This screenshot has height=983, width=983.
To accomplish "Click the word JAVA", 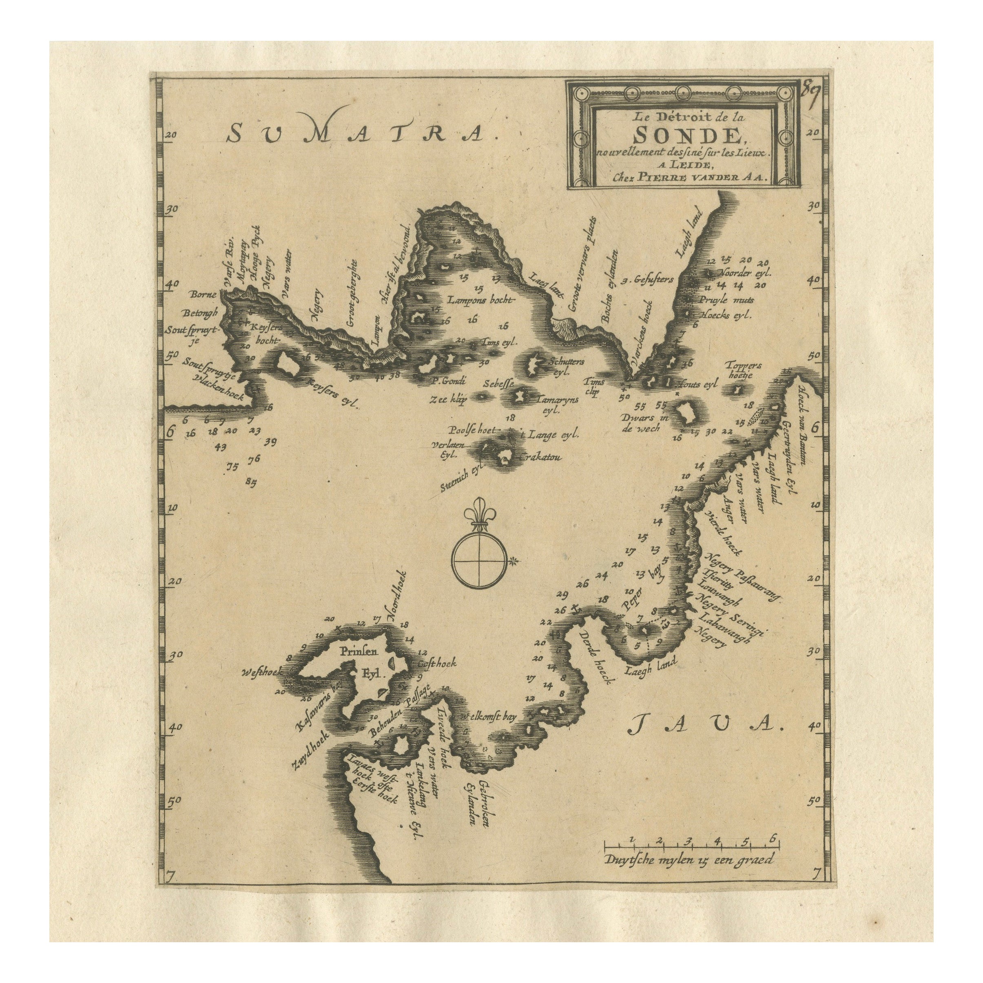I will point(707,737).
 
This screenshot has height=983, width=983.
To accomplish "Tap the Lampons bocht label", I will point(481,300).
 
